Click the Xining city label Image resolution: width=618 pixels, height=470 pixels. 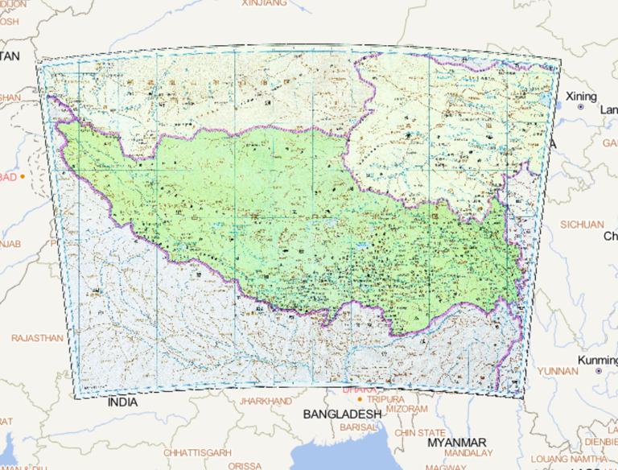point(582,97)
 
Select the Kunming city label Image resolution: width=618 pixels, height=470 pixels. point(598,360)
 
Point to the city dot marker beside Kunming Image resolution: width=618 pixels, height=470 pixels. point(598,371)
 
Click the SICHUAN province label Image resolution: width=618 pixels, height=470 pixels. point(582,225)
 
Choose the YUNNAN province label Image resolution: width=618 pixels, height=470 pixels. point(558,371)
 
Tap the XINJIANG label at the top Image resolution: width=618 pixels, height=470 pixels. point(264,3)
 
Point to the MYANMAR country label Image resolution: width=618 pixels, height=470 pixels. point(457,443)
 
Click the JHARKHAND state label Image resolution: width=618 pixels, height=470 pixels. point(266,401)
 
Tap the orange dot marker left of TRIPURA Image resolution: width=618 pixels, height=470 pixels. point(360,399)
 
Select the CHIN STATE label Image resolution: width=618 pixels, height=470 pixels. point(419,432)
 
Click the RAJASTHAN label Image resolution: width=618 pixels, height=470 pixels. point(36,338)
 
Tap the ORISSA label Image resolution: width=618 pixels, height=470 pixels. point(245,465)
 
